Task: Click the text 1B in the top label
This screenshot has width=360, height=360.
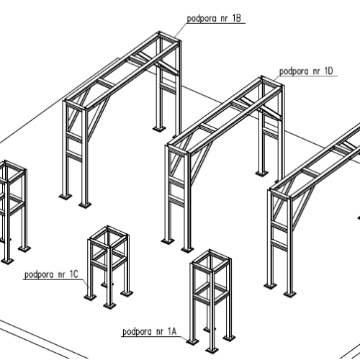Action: click(x=236, y=19)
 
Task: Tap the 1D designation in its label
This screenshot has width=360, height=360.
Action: click(x=329, y=71)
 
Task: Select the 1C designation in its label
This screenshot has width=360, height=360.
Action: click(x=74, y=274)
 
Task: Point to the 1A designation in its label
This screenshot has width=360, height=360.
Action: click(x=172, y=331)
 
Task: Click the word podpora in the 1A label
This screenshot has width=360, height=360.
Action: click(x=137, y=332)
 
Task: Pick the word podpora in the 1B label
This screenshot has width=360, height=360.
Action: click(x=202, y=19)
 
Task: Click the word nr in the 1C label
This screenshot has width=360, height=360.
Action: click(x=61, y=275)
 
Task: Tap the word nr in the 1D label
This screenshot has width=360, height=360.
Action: click(x=317, y=72)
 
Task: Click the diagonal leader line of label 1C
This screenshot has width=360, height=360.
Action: click(x=86, y=284)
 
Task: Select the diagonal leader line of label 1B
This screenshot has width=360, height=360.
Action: click(x=181, y=30)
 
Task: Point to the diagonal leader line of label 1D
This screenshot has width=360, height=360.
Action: click(x=277, y=78)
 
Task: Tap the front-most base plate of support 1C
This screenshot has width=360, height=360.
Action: click(x=109, y=305)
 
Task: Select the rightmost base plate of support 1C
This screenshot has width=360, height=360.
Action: click(x=127, y=293)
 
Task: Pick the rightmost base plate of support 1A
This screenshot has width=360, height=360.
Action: click(x=229, y=338)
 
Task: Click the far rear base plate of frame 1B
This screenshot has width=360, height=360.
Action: click(x=159, y=129)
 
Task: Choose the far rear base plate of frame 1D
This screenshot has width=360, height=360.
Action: click(x=261, y=173)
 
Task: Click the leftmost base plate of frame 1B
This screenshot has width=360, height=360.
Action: click(x=66, y=196)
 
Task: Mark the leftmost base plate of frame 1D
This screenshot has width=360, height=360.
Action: click(x=168, y=240)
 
